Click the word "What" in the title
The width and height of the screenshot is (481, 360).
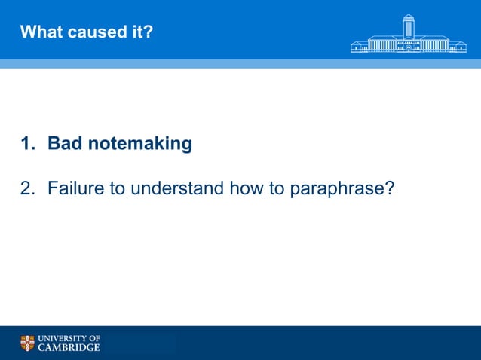(x=39, y=32)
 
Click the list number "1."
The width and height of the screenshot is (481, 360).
(x=28, y=143)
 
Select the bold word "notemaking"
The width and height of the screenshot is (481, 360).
(x=140, y=143)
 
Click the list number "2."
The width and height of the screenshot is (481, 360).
(x=28, y=188)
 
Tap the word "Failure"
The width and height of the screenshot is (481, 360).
(x=76, y=188)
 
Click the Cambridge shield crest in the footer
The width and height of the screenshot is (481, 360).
(x=27, y=343)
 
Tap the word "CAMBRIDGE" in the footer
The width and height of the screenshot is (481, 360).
(x=69, y=348)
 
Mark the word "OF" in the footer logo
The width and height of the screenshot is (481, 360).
(x=94, y=338)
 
